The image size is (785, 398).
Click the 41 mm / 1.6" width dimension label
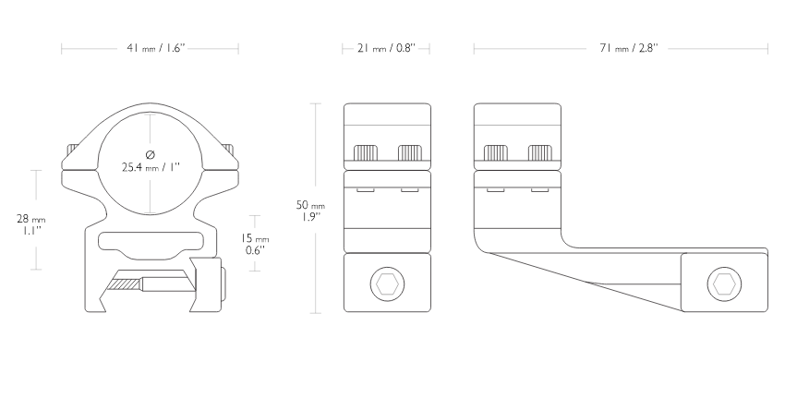156,49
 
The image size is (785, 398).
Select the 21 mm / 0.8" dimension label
386,49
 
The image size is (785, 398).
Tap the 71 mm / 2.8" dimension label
628,49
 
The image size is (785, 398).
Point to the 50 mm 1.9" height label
310,211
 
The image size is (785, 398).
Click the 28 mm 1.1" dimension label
31,224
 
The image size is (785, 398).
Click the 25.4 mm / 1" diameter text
151,167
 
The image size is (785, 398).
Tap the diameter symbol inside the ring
151,154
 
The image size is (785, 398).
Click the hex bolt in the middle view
387,284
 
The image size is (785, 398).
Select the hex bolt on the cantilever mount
724,284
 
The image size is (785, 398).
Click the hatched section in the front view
125,284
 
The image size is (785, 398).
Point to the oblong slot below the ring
151,241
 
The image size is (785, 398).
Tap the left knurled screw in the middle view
366,152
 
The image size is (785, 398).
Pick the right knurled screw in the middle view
410,152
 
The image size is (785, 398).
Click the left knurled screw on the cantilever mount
496,152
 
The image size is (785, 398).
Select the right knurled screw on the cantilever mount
540,152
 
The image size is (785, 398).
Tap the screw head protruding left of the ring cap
73,150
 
